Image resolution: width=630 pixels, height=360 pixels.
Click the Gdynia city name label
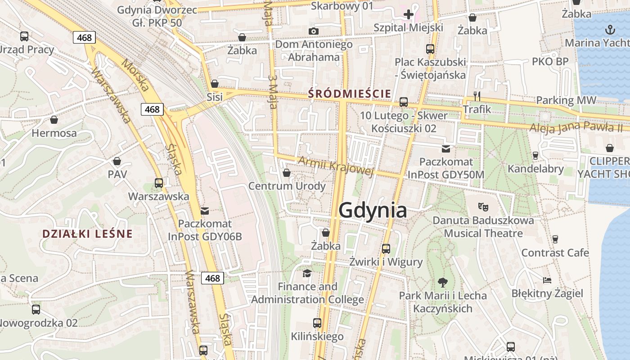point(373,210)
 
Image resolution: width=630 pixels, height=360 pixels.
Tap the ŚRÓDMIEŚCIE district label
point(350,94)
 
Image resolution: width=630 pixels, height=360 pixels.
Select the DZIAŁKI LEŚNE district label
point(87,234)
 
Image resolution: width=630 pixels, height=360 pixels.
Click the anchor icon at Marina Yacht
point(610,30)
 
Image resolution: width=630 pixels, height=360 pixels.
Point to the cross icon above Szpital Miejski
point(408,14)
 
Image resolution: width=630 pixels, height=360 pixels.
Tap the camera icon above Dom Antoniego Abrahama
point(314,31)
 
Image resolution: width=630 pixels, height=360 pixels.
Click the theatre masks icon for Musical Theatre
point(483,207)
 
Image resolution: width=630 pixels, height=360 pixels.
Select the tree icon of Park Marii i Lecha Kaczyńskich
point(443,283)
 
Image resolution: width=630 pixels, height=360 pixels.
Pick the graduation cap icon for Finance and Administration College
point(307,273)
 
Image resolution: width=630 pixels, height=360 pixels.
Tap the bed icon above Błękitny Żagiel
point(547,280)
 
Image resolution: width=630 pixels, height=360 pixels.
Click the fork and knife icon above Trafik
point(477,96)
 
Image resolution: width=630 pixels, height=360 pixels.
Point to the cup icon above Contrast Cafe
point(555,239)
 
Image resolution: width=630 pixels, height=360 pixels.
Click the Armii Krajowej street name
point(336,166)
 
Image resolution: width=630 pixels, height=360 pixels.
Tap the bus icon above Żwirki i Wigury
point(386,248)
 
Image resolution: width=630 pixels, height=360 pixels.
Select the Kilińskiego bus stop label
point(317,336)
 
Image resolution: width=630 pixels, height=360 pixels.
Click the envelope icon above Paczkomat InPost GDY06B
point(205,211)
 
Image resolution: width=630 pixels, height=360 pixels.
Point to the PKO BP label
point(550,61)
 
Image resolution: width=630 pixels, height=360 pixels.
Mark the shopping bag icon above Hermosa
point(54,120)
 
